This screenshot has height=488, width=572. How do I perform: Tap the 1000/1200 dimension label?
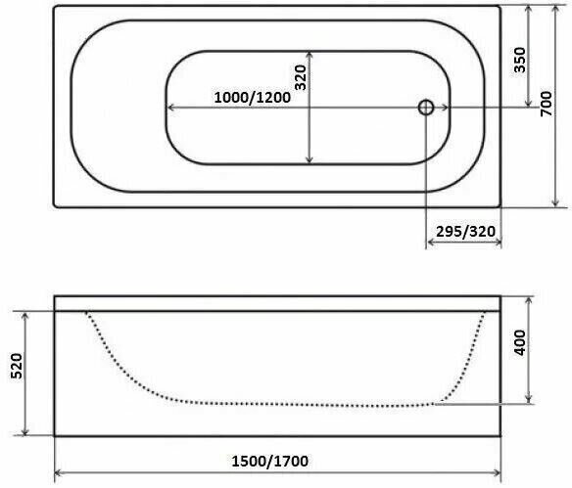[252, 97]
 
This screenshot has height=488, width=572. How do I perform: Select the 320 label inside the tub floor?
[301, 77]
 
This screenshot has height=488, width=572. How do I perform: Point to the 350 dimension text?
[520, 60]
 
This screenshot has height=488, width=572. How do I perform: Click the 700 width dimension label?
[547, 105]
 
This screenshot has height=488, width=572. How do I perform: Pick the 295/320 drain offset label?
[466, 231]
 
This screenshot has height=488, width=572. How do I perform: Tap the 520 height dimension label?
[17, 366]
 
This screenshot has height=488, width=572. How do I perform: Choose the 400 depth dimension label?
[519, 342]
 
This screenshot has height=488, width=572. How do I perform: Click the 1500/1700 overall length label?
[270, 462]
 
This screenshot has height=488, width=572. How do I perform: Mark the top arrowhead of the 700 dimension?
[555, 7]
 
